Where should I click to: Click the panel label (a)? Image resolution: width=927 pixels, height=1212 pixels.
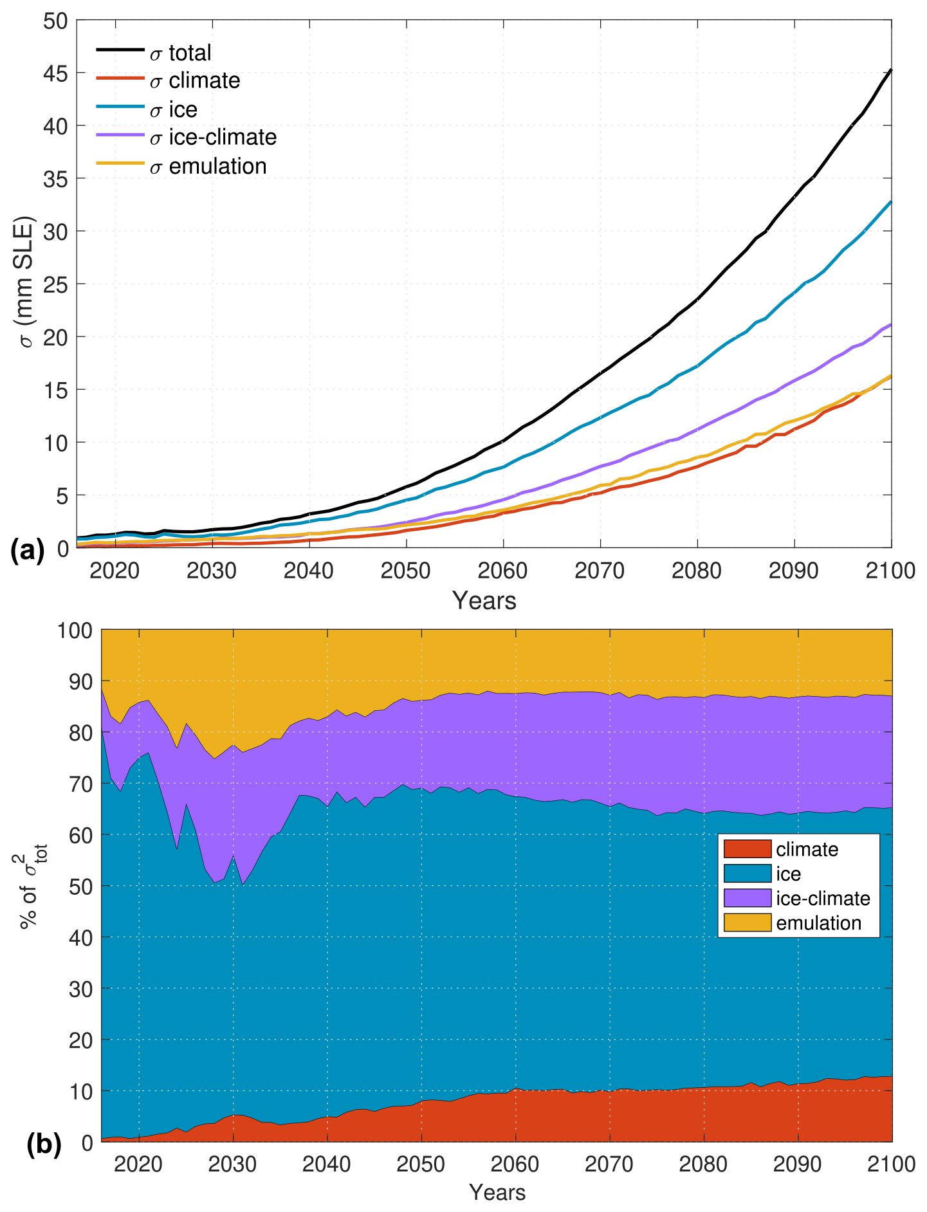pyautogui.click(x=28, y=551)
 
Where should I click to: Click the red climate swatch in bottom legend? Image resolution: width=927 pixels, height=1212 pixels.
pyautogui.click(x=747, y=849)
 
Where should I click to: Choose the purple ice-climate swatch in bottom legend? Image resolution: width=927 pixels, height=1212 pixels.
pyautogui.click(x=747, y=898)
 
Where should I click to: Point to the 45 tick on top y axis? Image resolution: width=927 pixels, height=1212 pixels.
pyautogui.click(x=55, y=73)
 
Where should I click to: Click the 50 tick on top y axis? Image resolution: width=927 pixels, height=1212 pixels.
pyautogui.click(x=55, y=21)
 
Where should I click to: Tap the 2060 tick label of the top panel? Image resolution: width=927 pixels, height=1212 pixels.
pyautogui.click(x=502, y=571)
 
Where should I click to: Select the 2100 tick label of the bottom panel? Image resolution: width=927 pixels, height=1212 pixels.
pyautogui.click(x=890, y=1164)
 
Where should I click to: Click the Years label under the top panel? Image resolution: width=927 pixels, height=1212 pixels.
pyautogui.click(x=484, y=601)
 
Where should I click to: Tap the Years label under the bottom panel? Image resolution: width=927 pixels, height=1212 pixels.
pyautogui.click(x=497, y=1193)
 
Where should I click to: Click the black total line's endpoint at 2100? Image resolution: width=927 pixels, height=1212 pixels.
pyautogui.click(x=891, y=69)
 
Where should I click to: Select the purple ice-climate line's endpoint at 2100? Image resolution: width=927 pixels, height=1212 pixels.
pyautogui.click(x=891, y=324)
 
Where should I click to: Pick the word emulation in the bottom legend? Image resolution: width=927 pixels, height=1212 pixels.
pyautogui.click(x=818, y=923)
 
